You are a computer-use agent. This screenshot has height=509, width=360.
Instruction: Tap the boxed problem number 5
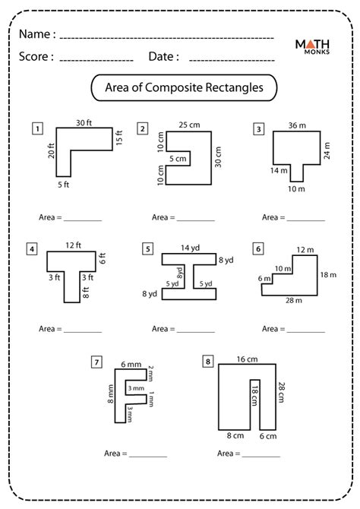click(148, 248)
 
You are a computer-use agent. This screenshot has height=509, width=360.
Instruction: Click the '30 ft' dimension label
click(85, 123)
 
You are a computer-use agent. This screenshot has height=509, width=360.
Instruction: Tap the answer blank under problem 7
click(148, 454)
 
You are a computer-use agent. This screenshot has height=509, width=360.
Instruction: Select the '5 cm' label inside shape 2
click(177, 159)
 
